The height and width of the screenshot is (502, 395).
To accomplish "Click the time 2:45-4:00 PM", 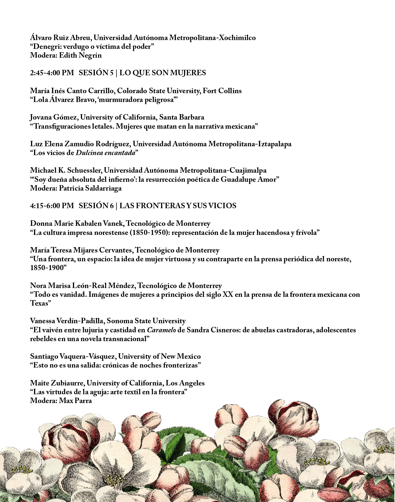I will [52, 73].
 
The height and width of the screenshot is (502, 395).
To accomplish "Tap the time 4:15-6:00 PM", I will [52, 206].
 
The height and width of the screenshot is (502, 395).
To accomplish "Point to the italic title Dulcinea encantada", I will [105, 153].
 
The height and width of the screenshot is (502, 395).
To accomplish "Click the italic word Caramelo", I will [161, 330].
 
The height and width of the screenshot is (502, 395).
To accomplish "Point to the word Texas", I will [39, 303].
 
